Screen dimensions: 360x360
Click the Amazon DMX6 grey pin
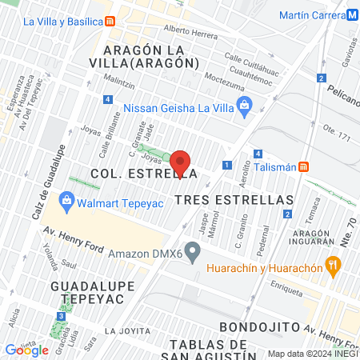(x=192, y=252)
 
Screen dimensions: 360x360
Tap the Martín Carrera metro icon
(x=352, y=15)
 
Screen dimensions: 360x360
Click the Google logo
(x=26, y=350)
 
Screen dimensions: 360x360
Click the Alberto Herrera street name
(x=190, y=33)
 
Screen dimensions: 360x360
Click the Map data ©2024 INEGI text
(x=310, y=354)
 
